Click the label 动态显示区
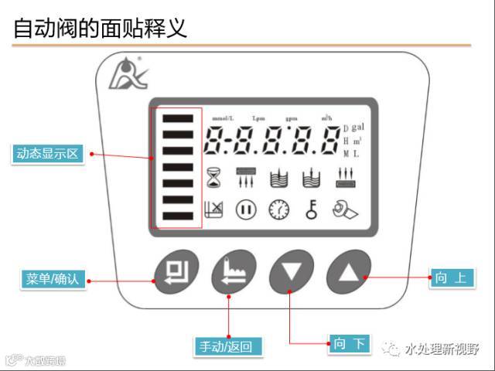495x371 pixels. coord(48,154)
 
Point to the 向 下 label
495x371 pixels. coord(350,344)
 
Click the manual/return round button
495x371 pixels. coord(234,271)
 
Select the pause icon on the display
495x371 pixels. coord(246,209)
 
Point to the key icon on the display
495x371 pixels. coord(310,209)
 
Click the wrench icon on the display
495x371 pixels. coord(343,209)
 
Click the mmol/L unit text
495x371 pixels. coord(223,118)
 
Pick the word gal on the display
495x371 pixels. coord(358,126)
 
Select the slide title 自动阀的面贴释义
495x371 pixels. coord(101,29)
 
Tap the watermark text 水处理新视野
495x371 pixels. coord(442,349)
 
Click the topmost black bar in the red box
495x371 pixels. coord(178,118)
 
